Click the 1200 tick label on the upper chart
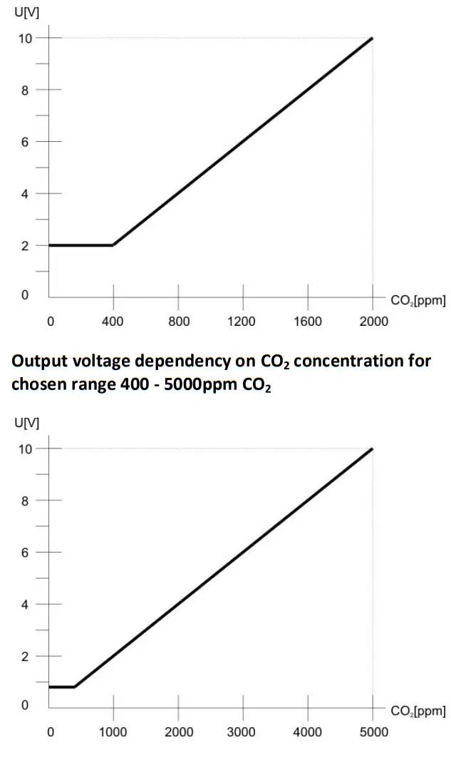click(x=242, y=322)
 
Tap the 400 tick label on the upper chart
click(x=113, y=322)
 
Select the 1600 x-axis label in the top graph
click(x=307, y=322)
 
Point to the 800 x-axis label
click(x=178, y=322)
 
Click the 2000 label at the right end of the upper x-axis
click(x=373, y=322)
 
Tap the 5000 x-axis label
click(x=373, y=732)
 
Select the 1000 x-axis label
click(x=113, y=732)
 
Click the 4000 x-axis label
click(x=307, y=732)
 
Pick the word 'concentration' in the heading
click(x=345, y=361)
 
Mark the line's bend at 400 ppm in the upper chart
click(x=113, y=245)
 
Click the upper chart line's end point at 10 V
click(x=372, y=38)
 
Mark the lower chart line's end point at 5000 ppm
click(x=372, y=448)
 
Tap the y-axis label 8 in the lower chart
click(x=26, y=501)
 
